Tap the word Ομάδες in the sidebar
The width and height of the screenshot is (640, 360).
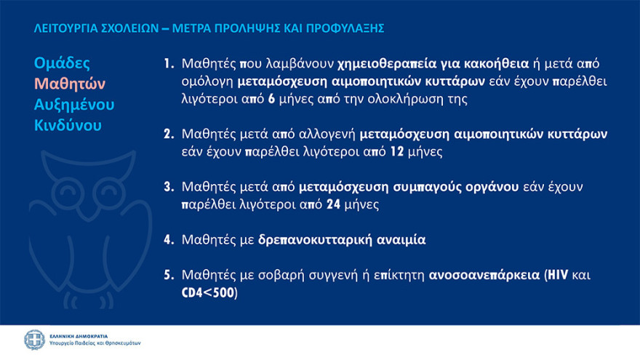tap(62, 63)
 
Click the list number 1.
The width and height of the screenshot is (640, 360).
tap(168, 63)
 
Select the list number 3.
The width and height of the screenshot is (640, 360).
tap(168, 188)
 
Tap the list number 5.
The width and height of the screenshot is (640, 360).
tap(168, 275)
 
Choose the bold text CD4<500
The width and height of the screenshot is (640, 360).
tap(209, 293)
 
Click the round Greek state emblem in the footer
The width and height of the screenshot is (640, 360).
tap(34, 340)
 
